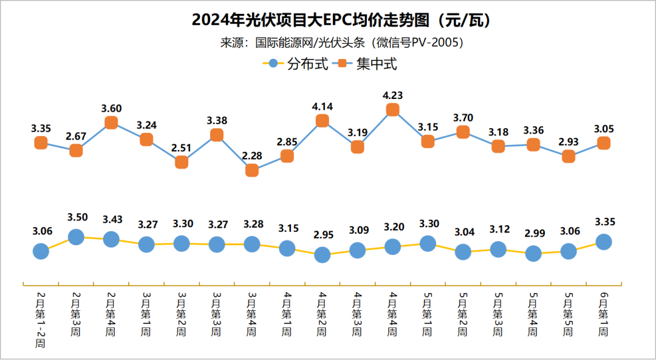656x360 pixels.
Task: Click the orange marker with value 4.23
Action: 392,110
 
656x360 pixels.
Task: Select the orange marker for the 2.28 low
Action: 252,171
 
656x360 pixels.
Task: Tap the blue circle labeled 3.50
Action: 76,237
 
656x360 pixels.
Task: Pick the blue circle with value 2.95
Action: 322,255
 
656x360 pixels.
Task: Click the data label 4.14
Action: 322,106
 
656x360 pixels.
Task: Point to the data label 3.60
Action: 111,108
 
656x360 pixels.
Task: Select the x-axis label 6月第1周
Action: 603,314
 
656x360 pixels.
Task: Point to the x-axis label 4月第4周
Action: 392,314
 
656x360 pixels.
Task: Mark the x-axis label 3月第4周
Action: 252,314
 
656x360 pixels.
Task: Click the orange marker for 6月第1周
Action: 603,143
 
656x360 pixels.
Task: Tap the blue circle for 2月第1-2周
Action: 41,251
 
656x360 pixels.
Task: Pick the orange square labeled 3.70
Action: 463,132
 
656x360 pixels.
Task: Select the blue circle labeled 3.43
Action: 111,239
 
